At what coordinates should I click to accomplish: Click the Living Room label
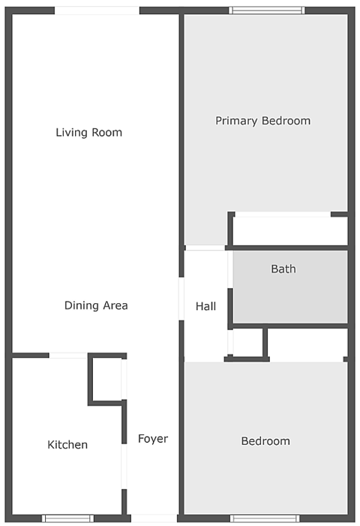click(88, 133)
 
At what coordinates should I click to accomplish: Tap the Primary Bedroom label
click(262, 121)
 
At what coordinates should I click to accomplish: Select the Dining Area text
click(96, 305)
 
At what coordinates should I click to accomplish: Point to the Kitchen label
click(67, 445)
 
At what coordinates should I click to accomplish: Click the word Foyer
click(153, 439)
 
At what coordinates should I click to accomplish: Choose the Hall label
click(205, 306)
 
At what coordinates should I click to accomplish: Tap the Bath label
click(283, 269)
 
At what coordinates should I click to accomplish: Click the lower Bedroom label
click(265, 441)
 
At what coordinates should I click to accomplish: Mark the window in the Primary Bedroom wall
click(267, 11)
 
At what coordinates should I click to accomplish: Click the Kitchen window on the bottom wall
click(67, 518)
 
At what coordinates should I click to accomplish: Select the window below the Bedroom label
click(265, 518)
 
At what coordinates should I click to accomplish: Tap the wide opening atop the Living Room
click(97, 11)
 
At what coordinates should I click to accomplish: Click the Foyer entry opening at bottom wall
click(154, 518)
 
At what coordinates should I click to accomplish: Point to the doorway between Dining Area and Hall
click(181, 299)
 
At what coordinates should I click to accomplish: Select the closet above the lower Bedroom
click(307, 344)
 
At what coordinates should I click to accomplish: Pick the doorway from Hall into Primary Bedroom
click(205, 248)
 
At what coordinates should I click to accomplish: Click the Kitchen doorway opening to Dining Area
click(68, 355)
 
